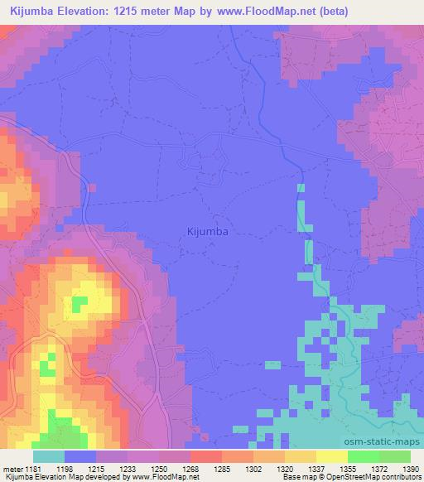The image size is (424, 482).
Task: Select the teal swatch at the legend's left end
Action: [49, 456]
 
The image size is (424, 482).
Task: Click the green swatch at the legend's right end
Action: [395, 456]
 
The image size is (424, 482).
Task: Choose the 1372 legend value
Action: [374, 469]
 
